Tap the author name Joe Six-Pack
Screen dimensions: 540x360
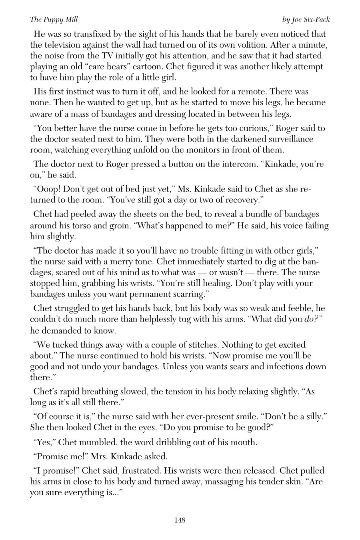click(306, 20)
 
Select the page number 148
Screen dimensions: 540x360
click(180, 520)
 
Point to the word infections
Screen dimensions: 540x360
click(284, 366)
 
